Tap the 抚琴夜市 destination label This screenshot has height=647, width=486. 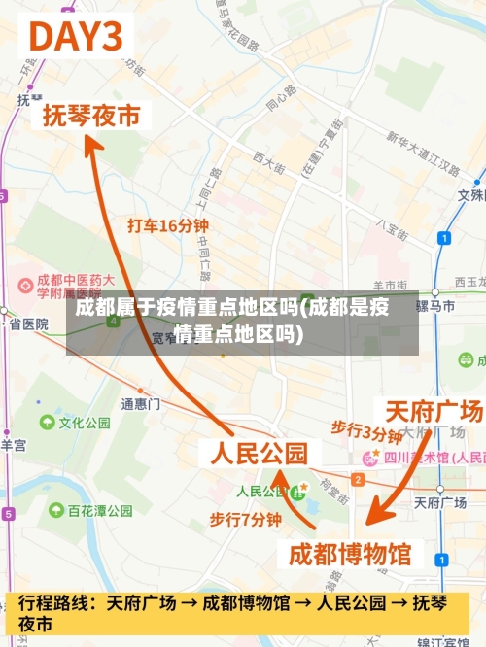(91, 116)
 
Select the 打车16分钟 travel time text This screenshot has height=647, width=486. (168, 225)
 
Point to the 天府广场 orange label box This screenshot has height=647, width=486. (434, 410)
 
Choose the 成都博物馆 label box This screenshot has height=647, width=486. (351, 555)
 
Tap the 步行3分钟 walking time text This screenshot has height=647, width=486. (366, 430)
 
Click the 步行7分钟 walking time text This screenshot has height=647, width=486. (245, 520)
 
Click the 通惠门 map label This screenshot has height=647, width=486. (140, 403)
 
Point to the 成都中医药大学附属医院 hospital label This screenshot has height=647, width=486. (68, 285)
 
